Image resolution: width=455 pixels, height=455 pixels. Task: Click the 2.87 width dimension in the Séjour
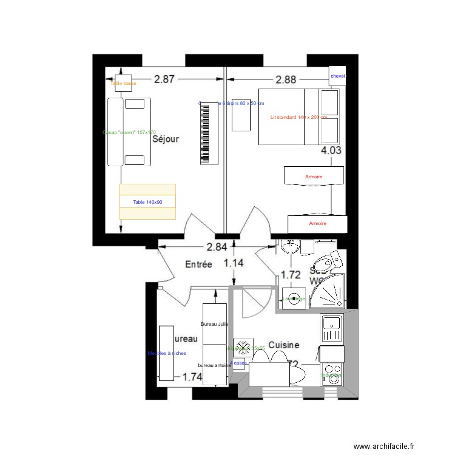[164, 79]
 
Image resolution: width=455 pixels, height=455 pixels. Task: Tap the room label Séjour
[166, 139]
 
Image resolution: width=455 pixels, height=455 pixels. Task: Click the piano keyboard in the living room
[209, 132]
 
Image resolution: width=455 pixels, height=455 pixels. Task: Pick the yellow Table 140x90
[147, 201]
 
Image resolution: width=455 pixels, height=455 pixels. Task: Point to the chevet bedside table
[337, 76]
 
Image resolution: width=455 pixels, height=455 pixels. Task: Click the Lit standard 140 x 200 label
[298, 117]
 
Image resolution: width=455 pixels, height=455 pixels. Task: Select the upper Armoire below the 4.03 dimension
[314, 177]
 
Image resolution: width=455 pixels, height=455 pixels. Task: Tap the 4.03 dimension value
[331, 152]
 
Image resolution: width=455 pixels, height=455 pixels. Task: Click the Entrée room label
[198, 265]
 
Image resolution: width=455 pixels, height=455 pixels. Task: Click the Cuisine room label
[284, 345]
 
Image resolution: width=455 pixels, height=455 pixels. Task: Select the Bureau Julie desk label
[214, 324]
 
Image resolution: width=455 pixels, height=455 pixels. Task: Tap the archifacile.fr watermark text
[384, 446]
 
